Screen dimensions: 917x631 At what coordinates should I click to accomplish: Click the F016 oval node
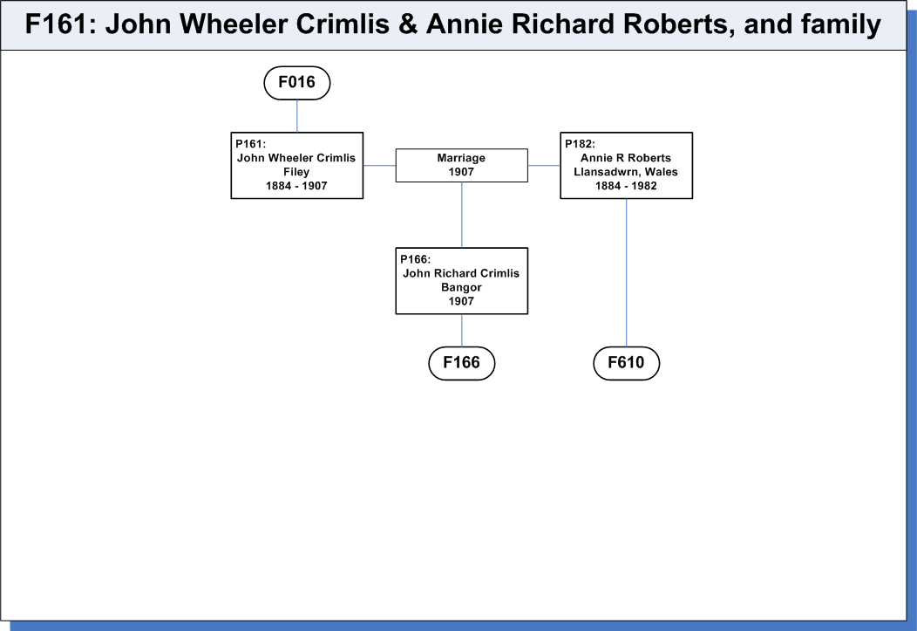click(x=297, y=83)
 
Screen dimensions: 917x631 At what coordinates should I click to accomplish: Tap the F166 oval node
click(x=461, y=363)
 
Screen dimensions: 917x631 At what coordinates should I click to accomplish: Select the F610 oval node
click(x=627, y=363)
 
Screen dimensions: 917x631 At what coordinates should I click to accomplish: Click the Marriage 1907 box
click(x=461, y=165)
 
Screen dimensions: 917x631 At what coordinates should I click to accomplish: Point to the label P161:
click(x=250, y=144)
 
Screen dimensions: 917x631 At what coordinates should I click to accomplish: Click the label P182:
click(x=580, y=144)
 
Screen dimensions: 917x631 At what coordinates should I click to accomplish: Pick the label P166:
click(x=415, y=259)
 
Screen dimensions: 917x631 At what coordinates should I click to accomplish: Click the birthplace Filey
click(x=296, y=172)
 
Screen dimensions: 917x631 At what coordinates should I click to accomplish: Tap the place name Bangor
click(x=461, y=287)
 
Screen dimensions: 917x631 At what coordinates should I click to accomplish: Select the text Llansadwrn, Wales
click(x=626, y=172)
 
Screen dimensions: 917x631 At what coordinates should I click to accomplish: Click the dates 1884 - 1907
click(x=296, y=186)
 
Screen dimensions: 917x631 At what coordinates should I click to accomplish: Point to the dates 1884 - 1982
click(x=626, y=186)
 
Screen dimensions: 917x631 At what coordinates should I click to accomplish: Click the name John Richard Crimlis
click(x=461, y=273)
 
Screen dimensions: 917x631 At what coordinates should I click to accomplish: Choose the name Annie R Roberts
click(x=626, y=158)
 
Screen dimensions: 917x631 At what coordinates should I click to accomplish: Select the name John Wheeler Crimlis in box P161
click(x=295, y=158)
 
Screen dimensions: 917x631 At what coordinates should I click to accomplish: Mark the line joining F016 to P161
click(x=297, y=116)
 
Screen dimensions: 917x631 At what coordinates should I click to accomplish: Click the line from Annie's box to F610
click(x=627, y=273)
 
